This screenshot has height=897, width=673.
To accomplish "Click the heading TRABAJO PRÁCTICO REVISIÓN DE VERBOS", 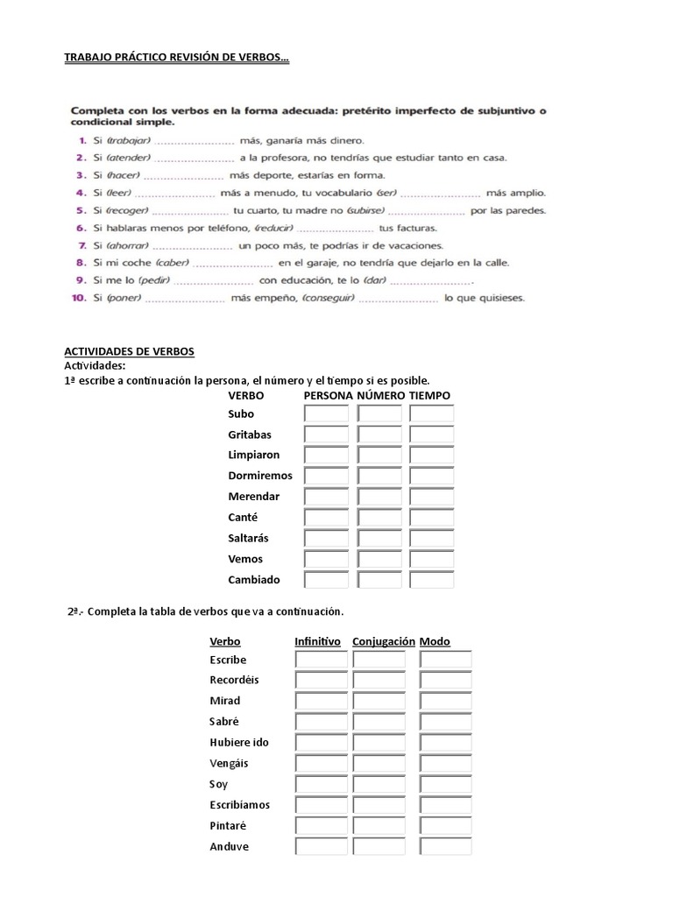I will tap(177, 58).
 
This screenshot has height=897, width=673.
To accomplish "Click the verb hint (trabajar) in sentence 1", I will tap(129, 141).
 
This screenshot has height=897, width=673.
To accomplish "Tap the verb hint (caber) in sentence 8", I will tap(172, 263).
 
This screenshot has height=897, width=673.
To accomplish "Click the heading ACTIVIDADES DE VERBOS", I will tap(130, 351).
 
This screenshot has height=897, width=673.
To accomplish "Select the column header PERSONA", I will tap(328, 396).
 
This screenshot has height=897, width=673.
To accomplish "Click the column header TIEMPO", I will tap(429, 396).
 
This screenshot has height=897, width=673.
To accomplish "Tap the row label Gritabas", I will tap(249, 434).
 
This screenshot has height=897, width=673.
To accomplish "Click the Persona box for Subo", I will tap(326, 413).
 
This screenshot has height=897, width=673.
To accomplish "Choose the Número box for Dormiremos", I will tap(379, 476).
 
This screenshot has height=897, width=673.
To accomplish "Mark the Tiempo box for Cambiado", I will tap(432, 580).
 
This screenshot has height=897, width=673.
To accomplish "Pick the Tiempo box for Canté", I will tap(432, 518).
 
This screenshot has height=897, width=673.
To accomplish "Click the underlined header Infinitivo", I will tap(317, 641).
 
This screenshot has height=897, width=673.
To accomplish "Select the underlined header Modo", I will tap(435, 641).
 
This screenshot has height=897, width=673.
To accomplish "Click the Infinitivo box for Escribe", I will tap(321, 660).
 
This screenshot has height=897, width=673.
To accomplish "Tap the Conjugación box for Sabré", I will tap(379, 722).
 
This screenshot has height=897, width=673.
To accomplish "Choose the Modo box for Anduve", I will tap(445, 847).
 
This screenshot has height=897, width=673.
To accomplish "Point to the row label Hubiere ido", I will tap(239, 743).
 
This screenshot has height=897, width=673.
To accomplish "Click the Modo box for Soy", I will tap(445, 784).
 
